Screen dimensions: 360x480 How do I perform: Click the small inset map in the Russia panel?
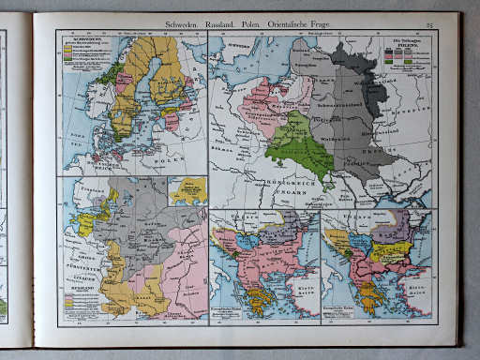tap(187, 191)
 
